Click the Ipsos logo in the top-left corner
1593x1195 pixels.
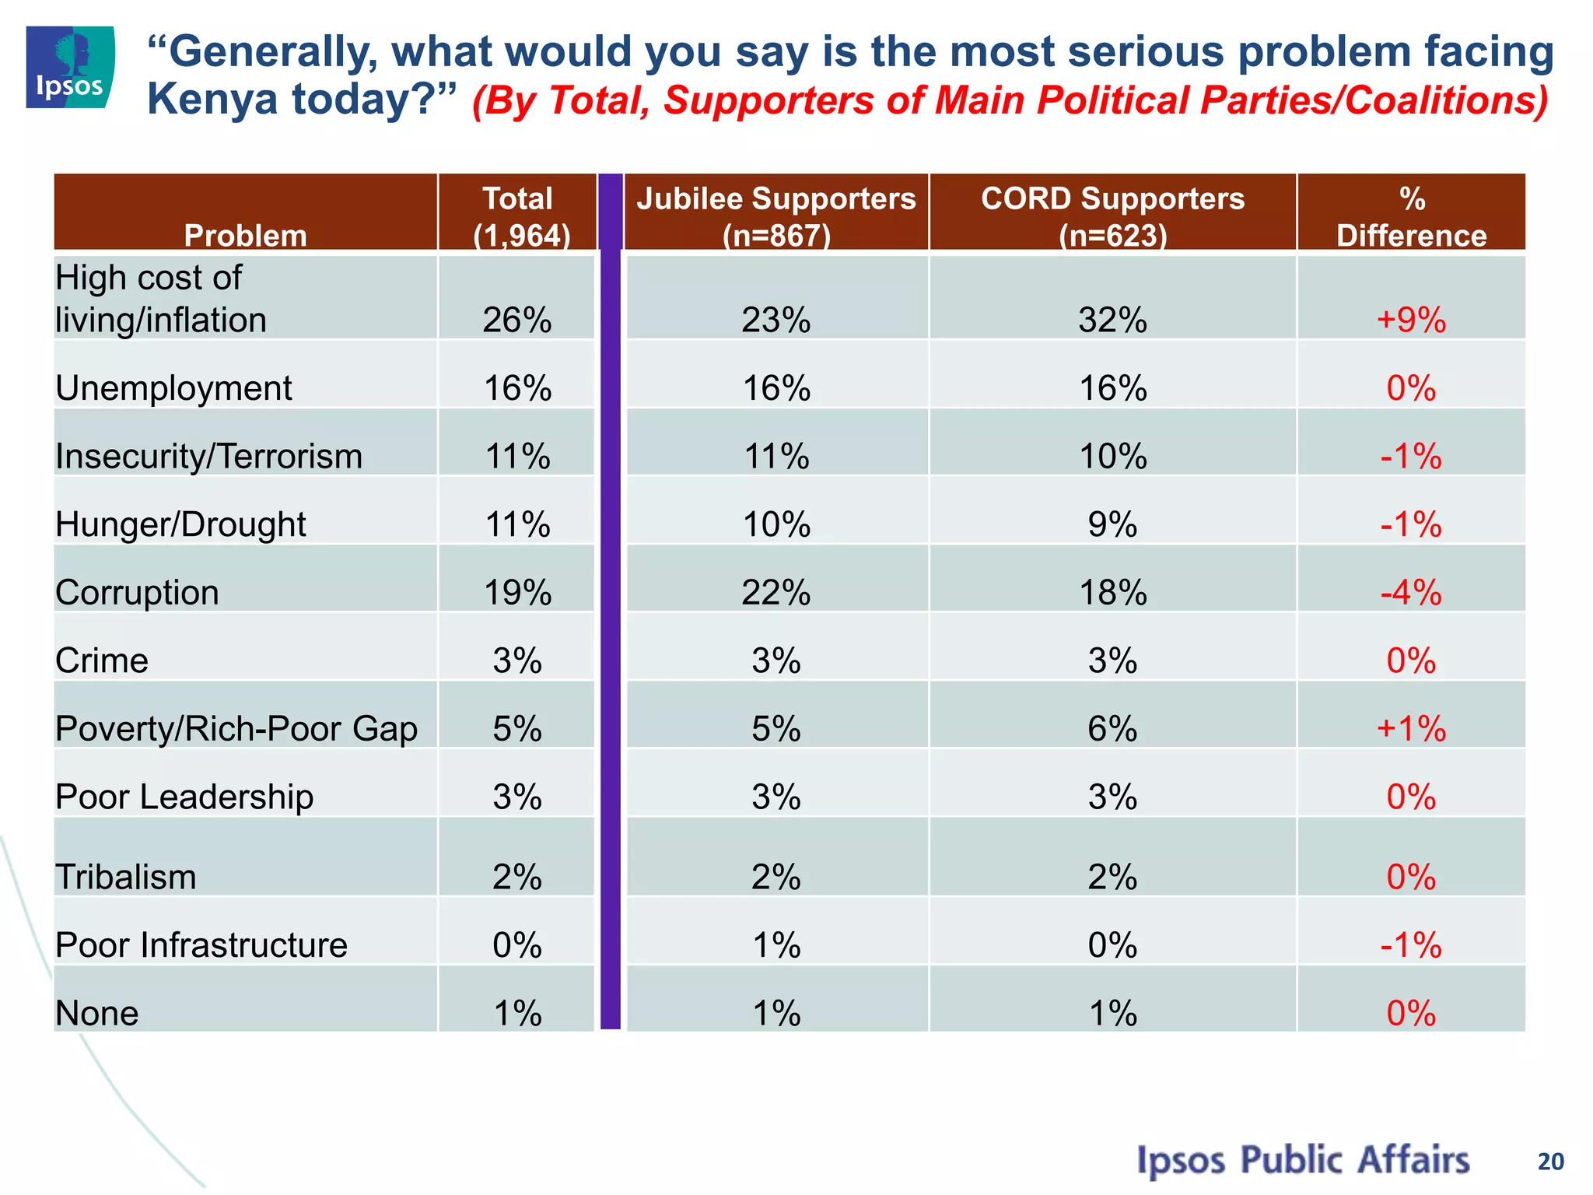pos(70,67)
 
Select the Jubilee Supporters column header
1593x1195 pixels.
pos(776,216)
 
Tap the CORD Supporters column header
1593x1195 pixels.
pos(1112,216)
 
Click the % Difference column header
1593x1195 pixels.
pos(1411,216)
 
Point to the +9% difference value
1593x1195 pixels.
pos(1411,320)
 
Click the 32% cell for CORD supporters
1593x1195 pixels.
pos(1112,320)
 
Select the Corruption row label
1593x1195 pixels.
pos(137,593)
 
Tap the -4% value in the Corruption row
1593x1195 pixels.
pos(1411,593)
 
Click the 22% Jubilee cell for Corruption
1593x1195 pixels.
pos(776,593)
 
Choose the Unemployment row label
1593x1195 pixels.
pos(173,387)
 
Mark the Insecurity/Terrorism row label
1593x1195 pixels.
pos(208,456)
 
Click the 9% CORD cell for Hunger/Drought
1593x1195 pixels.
pos(1112,524)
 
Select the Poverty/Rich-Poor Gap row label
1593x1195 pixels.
pos(236,729)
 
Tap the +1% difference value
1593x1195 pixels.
pos(1411,729)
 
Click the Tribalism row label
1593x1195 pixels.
pos(126,878)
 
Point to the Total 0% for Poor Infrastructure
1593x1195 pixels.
pos(517,945)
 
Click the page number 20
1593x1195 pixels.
pos(1550,1162)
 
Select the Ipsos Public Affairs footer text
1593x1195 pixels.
pos(1303,1160)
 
